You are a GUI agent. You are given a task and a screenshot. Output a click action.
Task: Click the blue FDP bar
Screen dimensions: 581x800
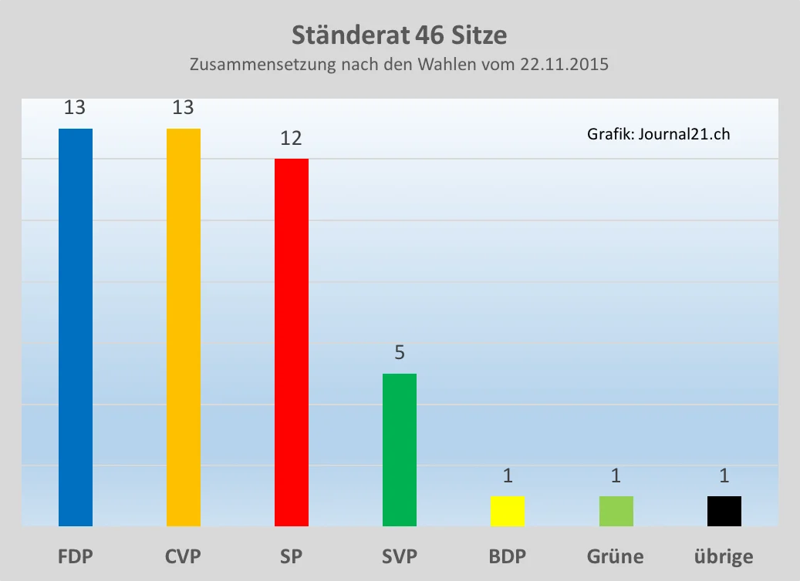coord(76,327)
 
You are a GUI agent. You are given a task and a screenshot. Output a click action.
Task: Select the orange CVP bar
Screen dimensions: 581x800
coord(184,327)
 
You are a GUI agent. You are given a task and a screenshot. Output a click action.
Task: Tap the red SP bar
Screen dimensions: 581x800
coord(292,342)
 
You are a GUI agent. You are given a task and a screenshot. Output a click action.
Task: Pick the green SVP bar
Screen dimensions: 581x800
coord(400,449)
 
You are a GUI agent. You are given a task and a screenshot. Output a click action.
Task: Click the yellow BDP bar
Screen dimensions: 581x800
coord(508,511)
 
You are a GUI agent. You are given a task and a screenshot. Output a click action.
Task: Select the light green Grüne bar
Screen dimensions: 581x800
coord(616,511)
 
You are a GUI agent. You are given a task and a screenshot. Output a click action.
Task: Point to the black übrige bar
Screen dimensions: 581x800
coord(724,511)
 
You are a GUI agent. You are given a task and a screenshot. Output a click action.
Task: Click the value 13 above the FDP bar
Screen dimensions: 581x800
coord(75,107)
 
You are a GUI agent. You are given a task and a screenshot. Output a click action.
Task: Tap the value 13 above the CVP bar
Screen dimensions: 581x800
coord(183,107)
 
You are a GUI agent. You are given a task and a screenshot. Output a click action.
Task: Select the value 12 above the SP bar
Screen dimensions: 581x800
coord(291,138)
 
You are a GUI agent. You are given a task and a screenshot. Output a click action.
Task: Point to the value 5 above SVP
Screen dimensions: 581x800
coord(400,353)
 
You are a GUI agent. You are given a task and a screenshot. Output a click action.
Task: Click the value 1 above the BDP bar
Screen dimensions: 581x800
coord(508,475)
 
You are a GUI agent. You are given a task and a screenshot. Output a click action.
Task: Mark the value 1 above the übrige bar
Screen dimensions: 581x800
coord(724,475)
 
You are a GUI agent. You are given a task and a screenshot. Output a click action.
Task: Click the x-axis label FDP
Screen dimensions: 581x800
coord(76,556)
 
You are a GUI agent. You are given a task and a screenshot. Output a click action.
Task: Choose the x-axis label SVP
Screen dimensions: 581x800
coord(400,556)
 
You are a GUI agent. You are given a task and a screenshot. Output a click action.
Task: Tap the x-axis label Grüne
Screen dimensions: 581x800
coord(616,556)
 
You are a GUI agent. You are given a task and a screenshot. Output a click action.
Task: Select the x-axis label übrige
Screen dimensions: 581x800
coord(724,556)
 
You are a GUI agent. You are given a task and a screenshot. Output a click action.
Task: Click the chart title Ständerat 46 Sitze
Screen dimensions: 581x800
coord(400,35)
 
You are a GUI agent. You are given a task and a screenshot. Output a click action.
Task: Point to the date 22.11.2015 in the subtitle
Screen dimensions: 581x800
coord(565,65)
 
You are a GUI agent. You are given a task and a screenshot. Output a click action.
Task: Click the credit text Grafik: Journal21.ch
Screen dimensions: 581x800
coord(658,134)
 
